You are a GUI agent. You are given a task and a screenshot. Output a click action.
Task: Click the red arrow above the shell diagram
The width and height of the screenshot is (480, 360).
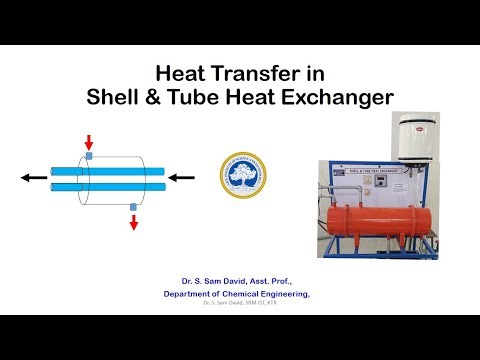(x=88, y=140)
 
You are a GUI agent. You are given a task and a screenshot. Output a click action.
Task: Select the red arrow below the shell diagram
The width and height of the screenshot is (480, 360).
(x=134, y=221)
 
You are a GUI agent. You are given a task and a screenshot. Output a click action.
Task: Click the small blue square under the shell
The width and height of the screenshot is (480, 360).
(x=134, y=206)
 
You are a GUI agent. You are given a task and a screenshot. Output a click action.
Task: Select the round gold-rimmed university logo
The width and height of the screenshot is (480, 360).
(x=240, y=177)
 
